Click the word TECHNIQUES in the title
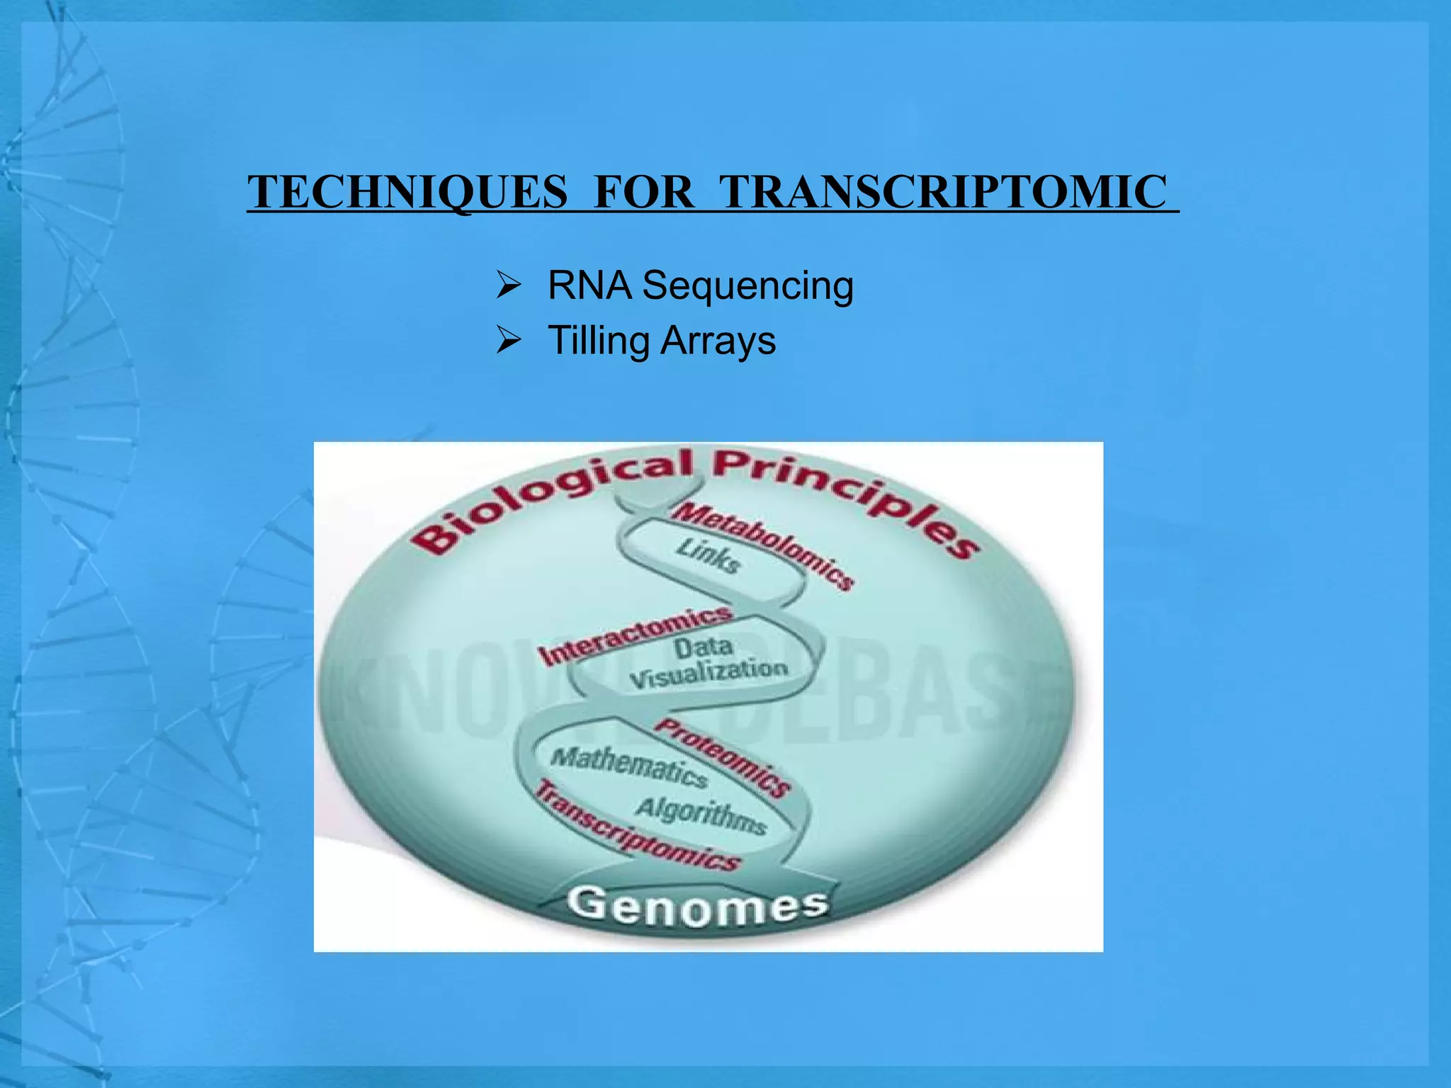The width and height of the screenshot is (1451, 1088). click(x=408, y=193)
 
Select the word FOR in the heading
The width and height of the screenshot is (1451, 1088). click(x=643, y=193)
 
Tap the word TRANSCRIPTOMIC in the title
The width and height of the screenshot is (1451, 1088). click(x=942, y=193)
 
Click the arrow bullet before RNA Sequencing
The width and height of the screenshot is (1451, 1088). click(x=509, y=287)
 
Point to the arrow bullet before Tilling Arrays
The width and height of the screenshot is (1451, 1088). click(x=509, y=341)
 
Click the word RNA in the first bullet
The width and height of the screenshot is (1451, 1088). click(x=589, y=286)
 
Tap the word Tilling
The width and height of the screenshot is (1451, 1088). click(x=599, y=341)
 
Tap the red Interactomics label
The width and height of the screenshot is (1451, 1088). click(x=634, y=635)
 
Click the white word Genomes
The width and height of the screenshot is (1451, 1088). click(x=697, y=907)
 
